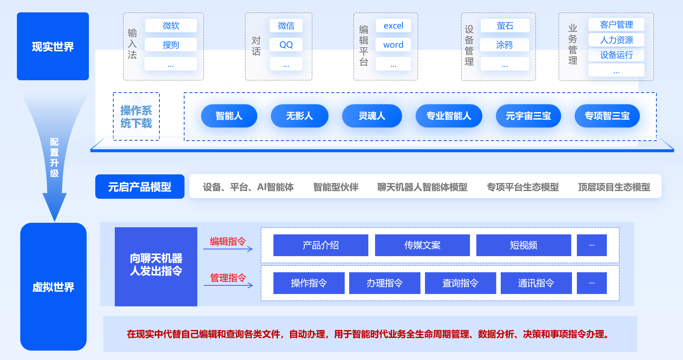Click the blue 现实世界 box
53,46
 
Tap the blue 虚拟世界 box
53,287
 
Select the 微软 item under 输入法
171,25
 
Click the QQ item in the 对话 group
286,45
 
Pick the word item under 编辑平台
393,45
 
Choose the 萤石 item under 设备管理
505,25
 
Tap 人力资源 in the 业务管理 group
616,40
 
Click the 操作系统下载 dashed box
136,117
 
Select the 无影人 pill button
299,116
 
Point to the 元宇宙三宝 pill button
528,116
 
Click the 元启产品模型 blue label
140,187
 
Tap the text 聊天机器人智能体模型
422,187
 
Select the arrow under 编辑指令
228,249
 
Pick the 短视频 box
524,245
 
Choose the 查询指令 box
460,283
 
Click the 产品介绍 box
321,245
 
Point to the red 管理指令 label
228,277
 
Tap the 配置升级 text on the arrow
54,157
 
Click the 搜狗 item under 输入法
171,45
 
